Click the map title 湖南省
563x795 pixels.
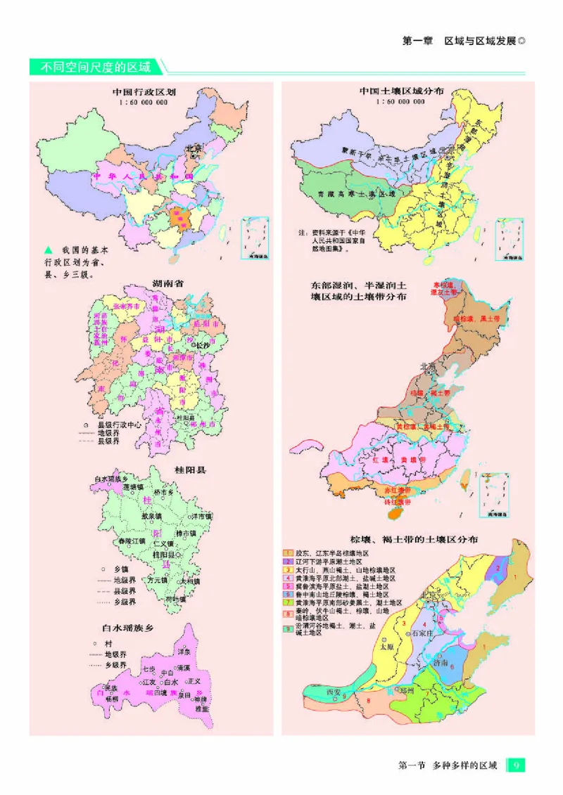coord(168,283)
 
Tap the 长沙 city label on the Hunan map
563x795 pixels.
coord(203,346)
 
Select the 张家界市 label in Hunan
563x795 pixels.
coord(126,307)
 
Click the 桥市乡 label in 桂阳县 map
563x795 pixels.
coord(164,493)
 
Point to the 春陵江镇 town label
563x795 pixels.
coord(131,541)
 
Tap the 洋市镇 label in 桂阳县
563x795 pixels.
coord(200,517)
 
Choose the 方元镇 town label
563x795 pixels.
coord(156,580)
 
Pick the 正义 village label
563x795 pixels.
coord(194,681)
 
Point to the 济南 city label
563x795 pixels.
coord(440,661)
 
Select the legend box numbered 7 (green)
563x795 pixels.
coord(288,602)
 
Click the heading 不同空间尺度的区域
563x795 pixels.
coord(95,67)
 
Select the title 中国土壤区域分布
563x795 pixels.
coord(401,91)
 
